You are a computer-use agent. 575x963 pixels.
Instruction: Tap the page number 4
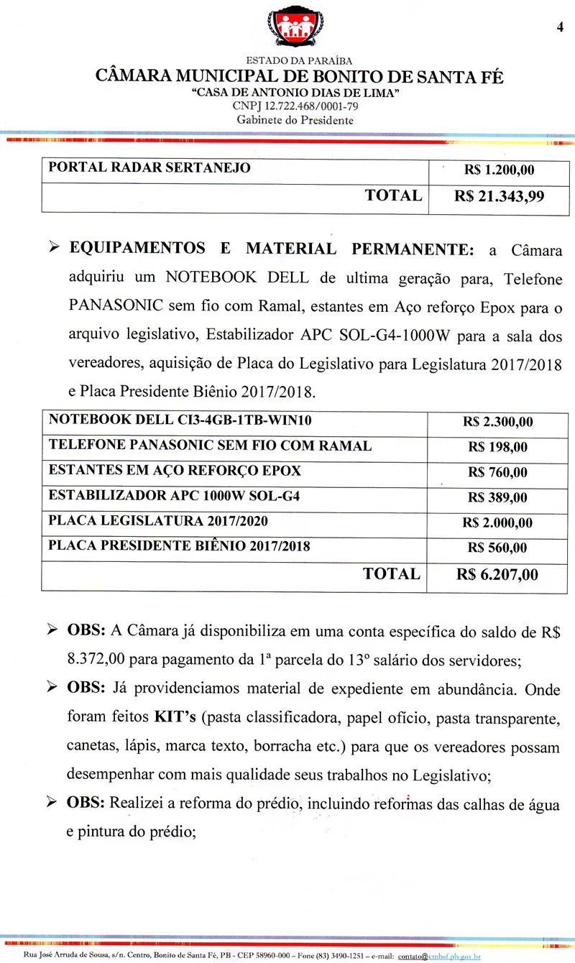coord(558,27)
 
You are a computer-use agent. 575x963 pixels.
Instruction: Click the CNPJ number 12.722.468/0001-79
coord(295,106)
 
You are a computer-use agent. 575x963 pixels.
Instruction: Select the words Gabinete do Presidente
coord(295,120)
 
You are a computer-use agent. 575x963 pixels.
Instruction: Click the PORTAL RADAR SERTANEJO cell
coord(149,168)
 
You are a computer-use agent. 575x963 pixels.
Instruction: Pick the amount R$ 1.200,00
coord(499,170)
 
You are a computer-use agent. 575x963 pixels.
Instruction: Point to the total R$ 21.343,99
coord(499,197)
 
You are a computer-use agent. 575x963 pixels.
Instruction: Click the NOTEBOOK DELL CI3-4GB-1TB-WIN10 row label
coord(180,420)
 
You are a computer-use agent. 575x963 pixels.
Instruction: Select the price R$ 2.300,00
coord(498,422)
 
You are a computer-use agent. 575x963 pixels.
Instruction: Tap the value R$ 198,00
coord(497,447)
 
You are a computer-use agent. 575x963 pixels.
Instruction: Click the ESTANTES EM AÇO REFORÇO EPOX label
coord(175,471)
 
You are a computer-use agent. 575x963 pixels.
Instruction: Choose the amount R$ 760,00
coord(497,472)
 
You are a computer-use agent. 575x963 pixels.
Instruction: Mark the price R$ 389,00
coord(497,497)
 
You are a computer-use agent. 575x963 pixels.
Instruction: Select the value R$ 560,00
coord(497,548)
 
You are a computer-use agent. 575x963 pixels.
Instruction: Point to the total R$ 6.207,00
coord(497,575)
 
